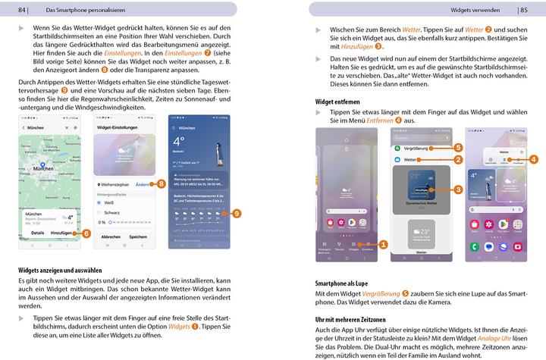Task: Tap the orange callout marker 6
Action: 86,234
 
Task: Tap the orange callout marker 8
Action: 162,183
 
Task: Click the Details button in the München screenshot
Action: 36,234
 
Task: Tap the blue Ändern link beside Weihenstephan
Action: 142,184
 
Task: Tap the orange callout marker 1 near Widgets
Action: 384,244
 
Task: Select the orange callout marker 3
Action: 458,188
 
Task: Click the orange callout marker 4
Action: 534,159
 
